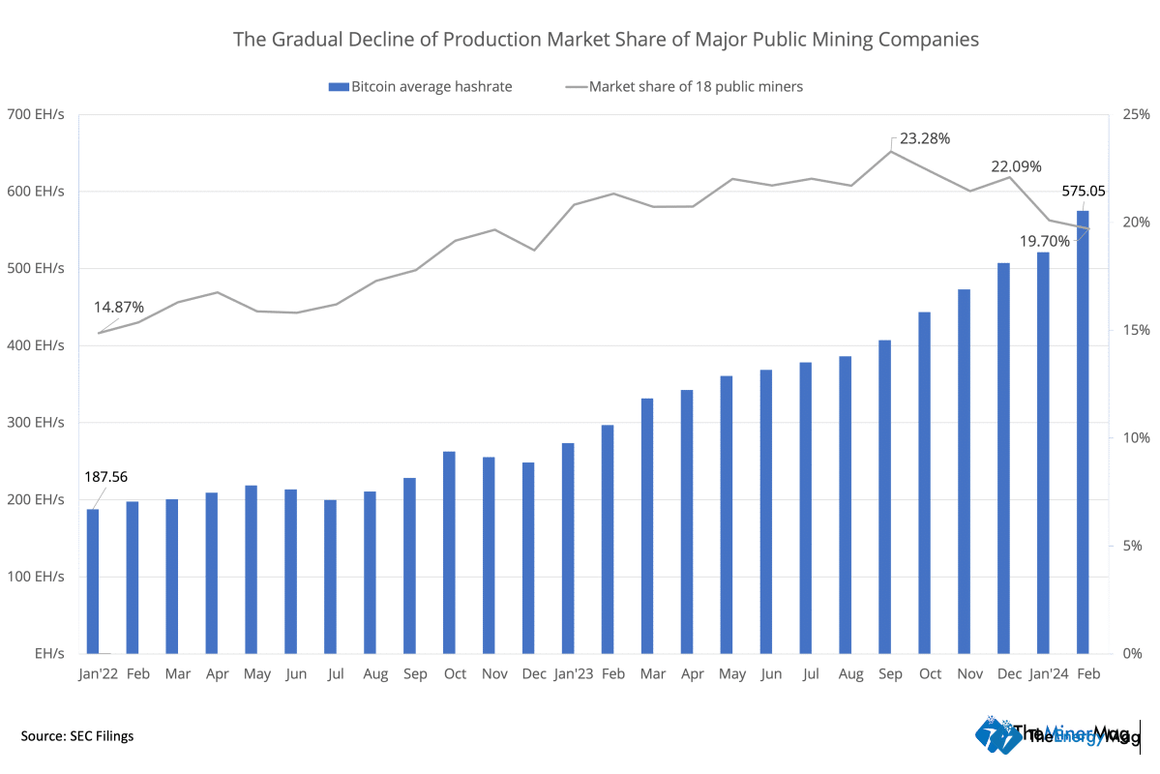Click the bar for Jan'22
point(93,580)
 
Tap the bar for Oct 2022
point(449,551)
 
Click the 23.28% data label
point(925,138)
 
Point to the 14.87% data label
point(119,307)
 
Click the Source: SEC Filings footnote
point(77,736)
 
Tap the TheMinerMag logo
point(1056,734)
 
